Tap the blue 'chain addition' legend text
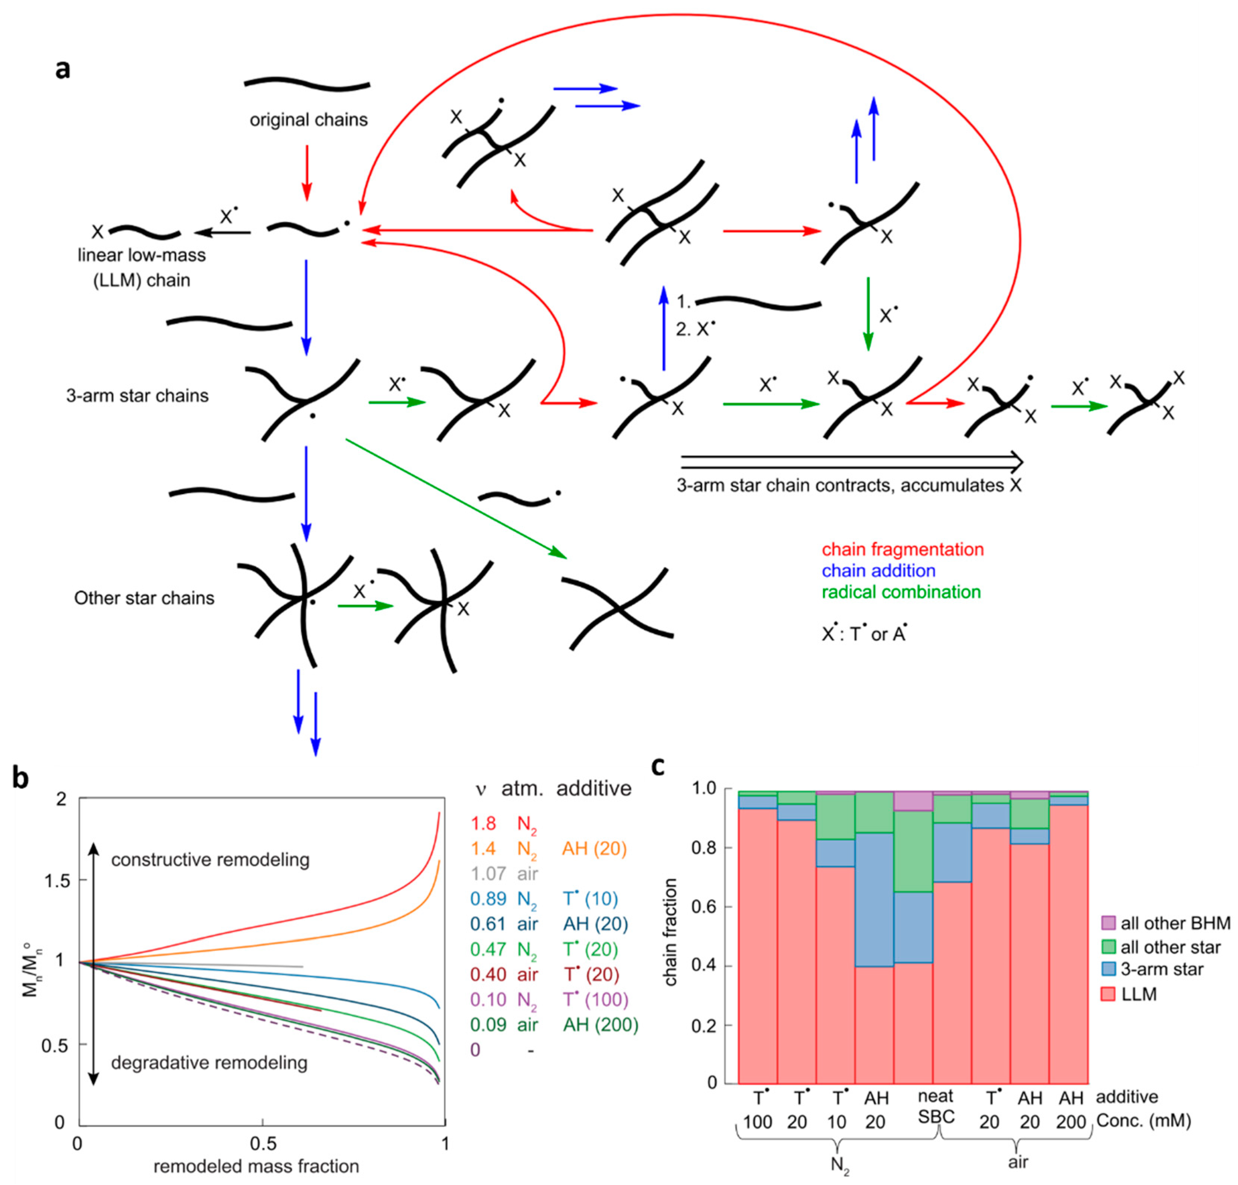click(x=878, y=571)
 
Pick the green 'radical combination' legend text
click(x=901, y=592)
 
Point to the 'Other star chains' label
click(x=144, y=598)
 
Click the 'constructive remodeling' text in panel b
click(x=210, y=860)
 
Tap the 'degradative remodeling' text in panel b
click(x=209, y=1063)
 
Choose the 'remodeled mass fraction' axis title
click(x=256, y=1166)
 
